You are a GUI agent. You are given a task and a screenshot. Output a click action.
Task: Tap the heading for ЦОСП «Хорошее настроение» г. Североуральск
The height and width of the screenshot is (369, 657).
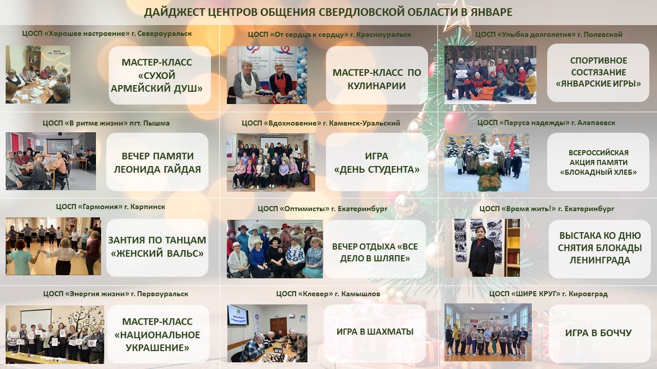tap(107, 34)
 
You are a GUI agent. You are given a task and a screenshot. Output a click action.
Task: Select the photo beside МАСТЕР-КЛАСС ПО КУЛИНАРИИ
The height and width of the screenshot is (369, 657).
tap(267, 75)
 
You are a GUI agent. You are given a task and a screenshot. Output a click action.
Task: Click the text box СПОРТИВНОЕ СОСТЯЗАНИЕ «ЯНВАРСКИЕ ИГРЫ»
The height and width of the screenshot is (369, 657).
tap(598, 73)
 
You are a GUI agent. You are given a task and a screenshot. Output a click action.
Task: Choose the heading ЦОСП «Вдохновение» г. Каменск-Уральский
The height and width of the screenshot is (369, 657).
tap(321, 123)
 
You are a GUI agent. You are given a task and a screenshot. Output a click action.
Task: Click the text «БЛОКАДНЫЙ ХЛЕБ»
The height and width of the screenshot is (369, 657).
tap(598, 172)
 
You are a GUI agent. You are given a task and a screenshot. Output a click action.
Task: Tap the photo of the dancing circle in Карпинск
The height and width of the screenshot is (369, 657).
tap(53, 246)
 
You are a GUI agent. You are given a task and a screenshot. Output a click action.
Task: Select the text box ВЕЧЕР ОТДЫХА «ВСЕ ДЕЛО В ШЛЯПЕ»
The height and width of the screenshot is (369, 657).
tap(375, 249)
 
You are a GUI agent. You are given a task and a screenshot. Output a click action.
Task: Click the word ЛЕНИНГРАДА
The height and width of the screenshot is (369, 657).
tap(600, 260)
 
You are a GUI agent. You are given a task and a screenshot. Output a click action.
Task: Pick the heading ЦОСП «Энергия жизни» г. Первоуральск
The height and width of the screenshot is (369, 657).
tap(116, 294)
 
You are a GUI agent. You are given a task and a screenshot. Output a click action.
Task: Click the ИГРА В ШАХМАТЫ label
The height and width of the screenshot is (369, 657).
tap(375, 332)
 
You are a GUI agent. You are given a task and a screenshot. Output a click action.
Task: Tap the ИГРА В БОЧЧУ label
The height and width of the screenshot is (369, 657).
tap(598, 333)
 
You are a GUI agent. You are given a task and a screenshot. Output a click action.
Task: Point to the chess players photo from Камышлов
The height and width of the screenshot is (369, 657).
tap(267, 333)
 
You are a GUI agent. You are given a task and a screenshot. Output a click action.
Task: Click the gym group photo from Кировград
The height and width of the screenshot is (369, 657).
tap(488, 333)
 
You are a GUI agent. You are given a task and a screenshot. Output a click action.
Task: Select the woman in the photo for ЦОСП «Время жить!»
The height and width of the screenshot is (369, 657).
tap(481, 251)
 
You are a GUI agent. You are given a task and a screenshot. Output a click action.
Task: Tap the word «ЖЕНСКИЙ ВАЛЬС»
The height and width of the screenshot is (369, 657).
tap(157, 253)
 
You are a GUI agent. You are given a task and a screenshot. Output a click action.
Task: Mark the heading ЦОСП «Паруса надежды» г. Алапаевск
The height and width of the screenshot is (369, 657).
tap(546, 122)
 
